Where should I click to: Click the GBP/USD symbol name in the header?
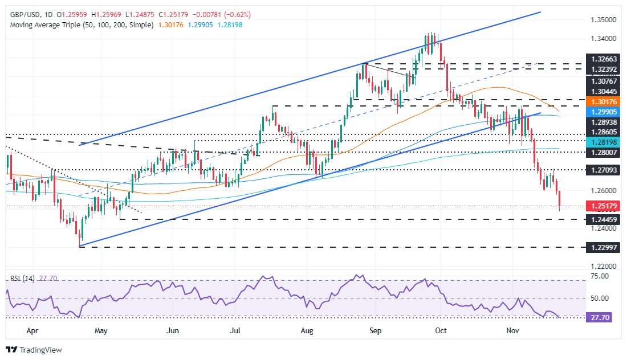point(20,14)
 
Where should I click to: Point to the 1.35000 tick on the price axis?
point(602,19)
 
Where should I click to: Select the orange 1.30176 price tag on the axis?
point(603,103)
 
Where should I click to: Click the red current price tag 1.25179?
point(603,206)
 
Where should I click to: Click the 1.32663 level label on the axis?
point(603,59)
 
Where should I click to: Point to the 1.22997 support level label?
point(603,248)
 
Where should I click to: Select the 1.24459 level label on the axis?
point(603,219)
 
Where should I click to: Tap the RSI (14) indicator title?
point(23,279)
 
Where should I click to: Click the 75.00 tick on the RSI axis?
point(598,276)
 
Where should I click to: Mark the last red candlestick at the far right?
point(560,199)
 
